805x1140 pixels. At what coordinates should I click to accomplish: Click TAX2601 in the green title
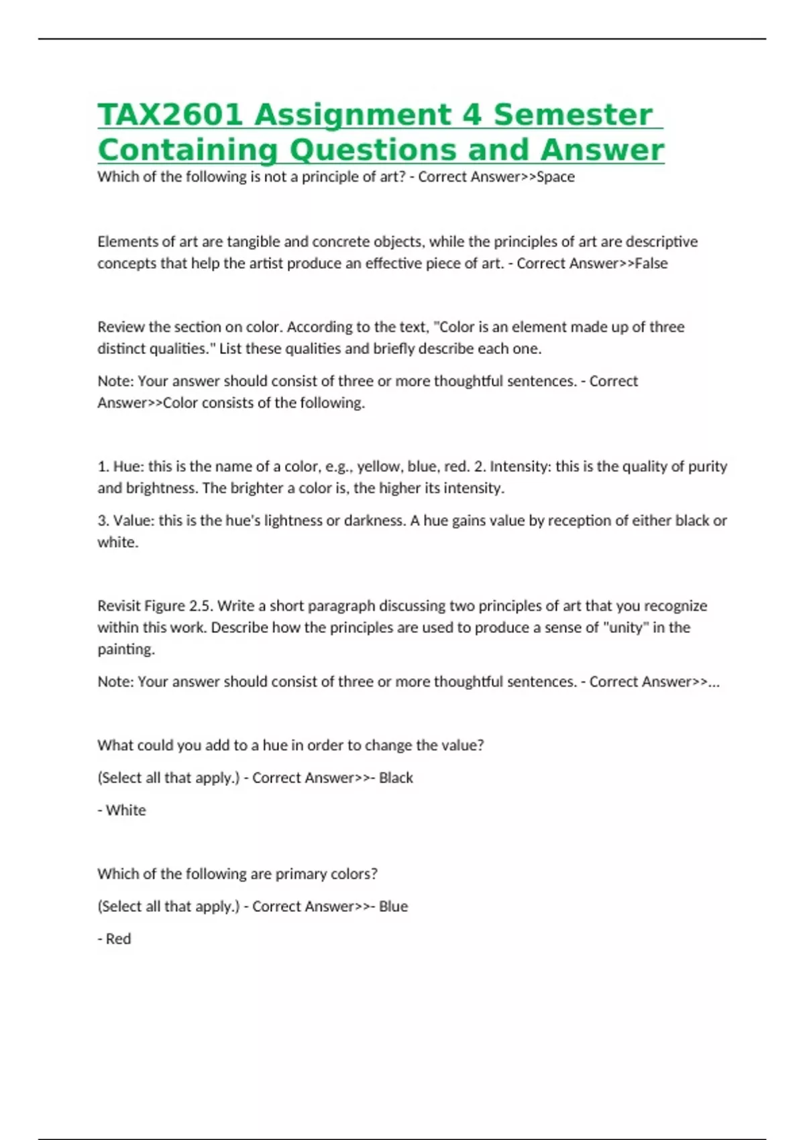[x=170, y=115]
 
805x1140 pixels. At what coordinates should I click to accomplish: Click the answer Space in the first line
[x=556, y=177]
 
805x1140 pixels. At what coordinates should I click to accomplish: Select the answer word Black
[x=396, y=778]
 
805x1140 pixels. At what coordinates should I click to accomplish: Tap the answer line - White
[x=122, y=810]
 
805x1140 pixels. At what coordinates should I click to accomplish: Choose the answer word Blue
[x=393, y=907]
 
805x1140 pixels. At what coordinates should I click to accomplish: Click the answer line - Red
[x=115, y=939]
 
